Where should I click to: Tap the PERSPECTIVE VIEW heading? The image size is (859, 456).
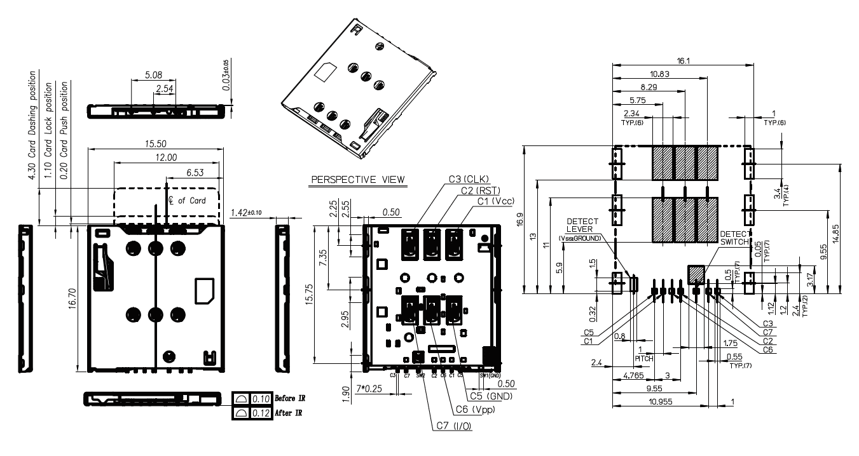pyautogui.click(x=357, y=180)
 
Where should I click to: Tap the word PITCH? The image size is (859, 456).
pyautogui.click(x=645, y=359)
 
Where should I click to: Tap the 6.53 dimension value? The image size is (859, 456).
pyautogui.click(x=194, y=172)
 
